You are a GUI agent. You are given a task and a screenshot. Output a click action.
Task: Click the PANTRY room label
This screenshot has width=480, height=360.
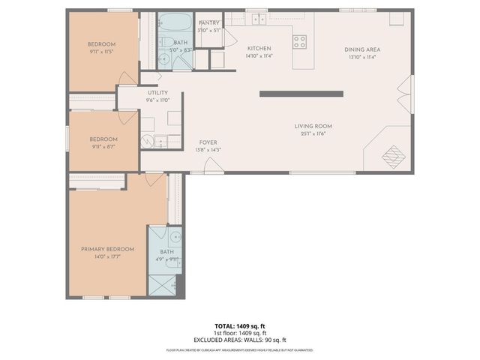coord(208,22)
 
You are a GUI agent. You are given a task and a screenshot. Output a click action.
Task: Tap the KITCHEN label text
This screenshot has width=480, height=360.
coord(259,49)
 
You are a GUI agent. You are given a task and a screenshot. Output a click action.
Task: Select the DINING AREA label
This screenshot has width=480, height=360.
coord(360,49)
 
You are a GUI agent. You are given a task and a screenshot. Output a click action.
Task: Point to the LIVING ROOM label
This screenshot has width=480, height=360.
coord(313,126)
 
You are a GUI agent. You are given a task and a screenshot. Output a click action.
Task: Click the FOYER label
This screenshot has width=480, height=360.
coord(208,142)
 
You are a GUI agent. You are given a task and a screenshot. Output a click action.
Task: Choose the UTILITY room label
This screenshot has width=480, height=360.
coord(157,93)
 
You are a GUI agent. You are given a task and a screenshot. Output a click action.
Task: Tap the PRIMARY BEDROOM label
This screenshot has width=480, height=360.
coord(108,249)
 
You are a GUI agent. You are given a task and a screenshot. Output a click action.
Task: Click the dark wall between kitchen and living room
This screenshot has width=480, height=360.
coord(301,94)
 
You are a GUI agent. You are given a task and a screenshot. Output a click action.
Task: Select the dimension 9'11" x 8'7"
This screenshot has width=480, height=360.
coord(103,146)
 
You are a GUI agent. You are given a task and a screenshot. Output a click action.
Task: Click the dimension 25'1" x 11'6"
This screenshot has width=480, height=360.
coord(313,133)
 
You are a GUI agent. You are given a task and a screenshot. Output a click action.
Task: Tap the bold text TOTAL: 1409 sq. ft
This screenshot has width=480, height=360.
coord(240,326)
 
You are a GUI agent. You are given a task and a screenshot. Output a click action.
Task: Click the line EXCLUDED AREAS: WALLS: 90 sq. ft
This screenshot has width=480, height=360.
coord(240,339)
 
